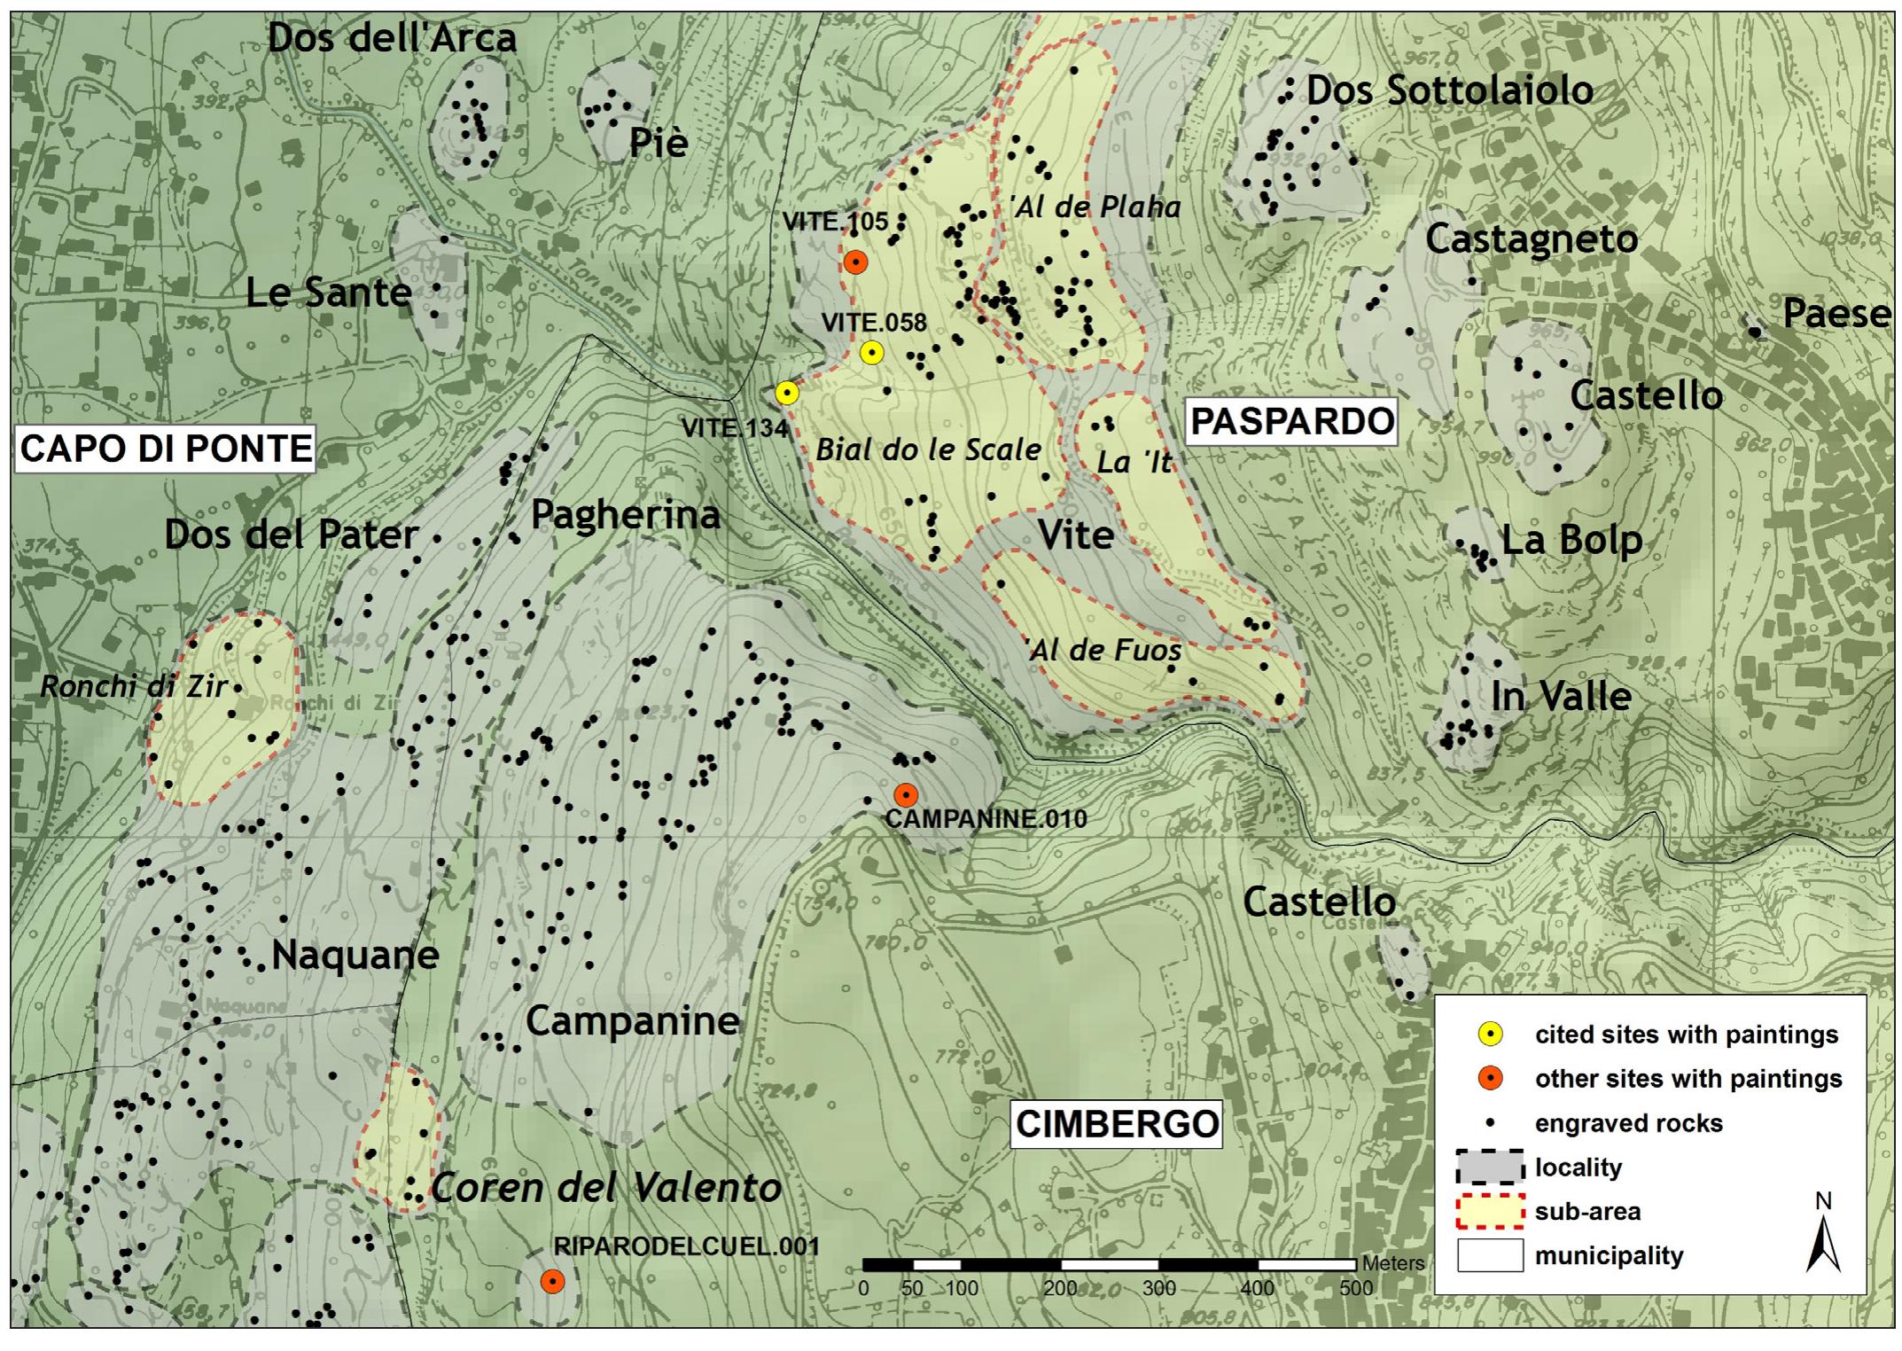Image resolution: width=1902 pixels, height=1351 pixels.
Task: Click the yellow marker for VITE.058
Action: click(x=872, y=353)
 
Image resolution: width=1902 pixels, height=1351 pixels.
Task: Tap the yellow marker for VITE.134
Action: click(x=787, y=393)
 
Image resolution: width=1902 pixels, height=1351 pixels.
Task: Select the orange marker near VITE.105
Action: click(x=854, y=262)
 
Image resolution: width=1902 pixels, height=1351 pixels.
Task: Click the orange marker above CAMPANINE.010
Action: click(x=905, y=794)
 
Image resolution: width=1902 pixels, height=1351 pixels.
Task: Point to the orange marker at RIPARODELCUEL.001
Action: click(x=552, y=1282)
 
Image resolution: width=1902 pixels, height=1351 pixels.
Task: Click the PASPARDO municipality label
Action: click(x=1292, y=422)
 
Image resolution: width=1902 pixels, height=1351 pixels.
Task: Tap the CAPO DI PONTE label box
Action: click(x=166, y=449)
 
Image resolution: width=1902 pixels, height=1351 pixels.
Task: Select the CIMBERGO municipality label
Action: click(x=1117, y=1124)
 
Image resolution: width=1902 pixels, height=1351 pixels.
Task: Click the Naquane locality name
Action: click(x=355, y=956)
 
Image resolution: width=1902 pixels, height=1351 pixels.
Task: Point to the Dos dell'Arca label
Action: click(x=392, y=38)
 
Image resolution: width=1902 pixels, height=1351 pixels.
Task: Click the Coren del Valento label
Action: click(x=605, y=1188)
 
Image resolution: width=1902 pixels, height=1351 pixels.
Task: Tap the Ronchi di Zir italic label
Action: click(x=133, y=686)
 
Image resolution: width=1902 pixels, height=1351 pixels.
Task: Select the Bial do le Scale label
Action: click(x=928, y=449)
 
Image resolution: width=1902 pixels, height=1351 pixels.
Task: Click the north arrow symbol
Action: click(x=1823, y=1241)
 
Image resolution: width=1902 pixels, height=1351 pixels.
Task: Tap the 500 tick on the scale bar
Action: click(x=1356, y=1287)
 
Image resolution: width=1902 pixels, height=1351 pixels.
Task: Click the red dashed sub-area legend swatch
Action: click(x=1490, y=1212)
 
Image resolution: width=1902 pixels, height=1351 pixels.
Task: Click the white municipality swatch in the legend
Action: click(x=1490, y=1255)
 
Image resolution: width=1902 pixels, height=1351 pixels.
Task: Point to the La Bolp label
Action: click(x=1571, y=540)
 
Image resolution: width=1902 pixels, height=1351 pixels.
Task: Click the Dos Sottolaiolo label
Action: click(x=1449, y=90)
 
